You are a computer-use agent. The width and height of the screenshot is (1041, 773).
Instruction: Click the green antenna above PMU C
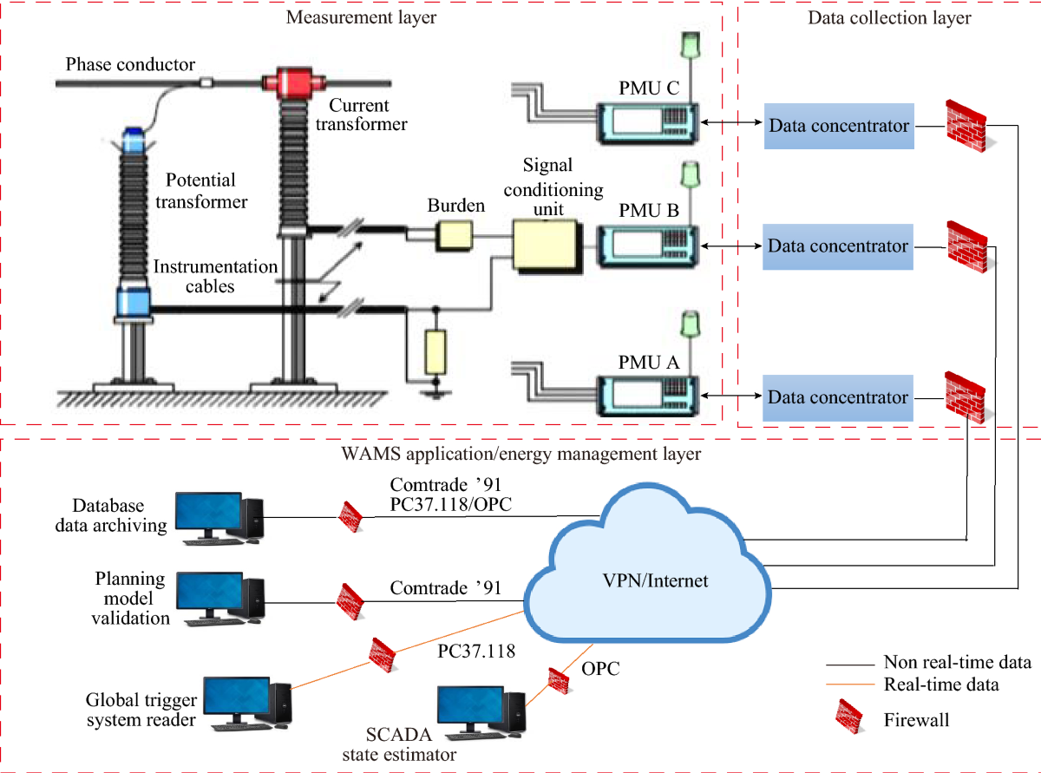(691, 45)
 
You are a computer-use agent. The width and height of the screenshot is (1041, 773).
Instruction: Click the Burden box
(454, 233)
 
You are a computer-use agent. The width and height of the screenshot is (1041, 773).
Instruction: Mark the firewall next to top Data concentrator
(965, 126)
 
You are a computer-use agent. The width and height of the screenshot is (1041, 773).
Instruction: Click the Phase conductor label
(131, 65)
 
